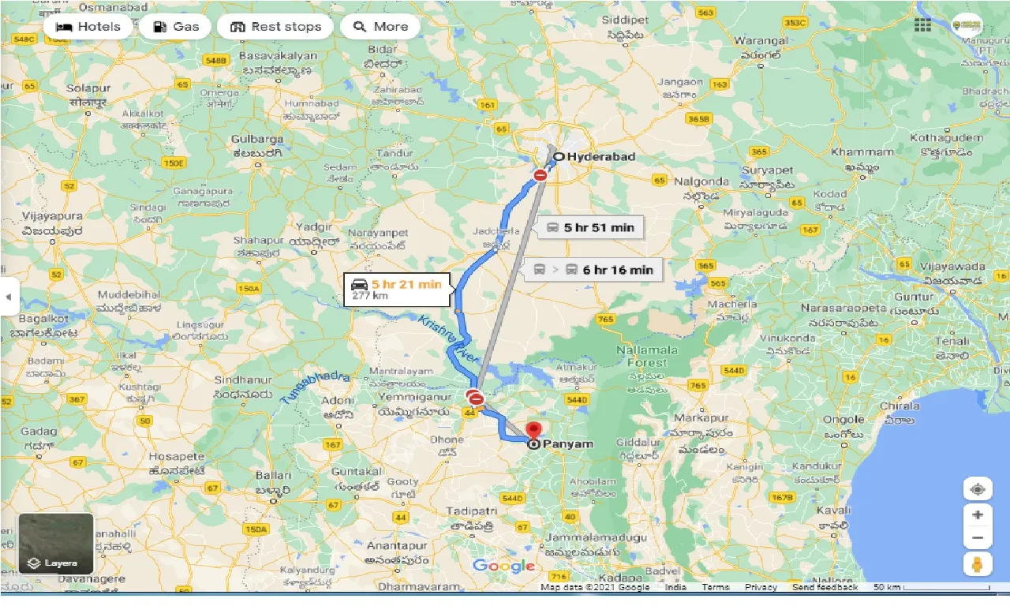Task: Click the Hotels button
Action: click(x=88, y=27)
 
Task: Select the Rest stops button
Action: click(x=275, y=27)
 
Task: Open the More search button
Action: click(x=380, y=27)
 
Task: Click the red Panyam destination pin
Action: click(x=534, y=432)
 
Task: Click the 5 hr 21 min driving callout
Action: click(x=397, y=289)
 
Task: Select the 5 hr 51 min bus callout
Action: click(x=589, y=228)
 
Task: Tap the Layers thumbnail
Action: click(x=56, y=544)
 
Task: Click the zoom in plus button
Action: click(x=978, y=515)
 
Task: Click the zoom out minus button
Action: click(x=978, y=539)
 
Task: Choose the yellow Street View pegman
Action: click(x=978, y=564)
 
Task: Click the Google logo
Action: click(x=503, y=566)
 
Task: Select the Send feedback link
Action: click(x=825, y=587)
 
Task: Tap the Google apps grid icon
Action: click(x=922, y=25)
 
